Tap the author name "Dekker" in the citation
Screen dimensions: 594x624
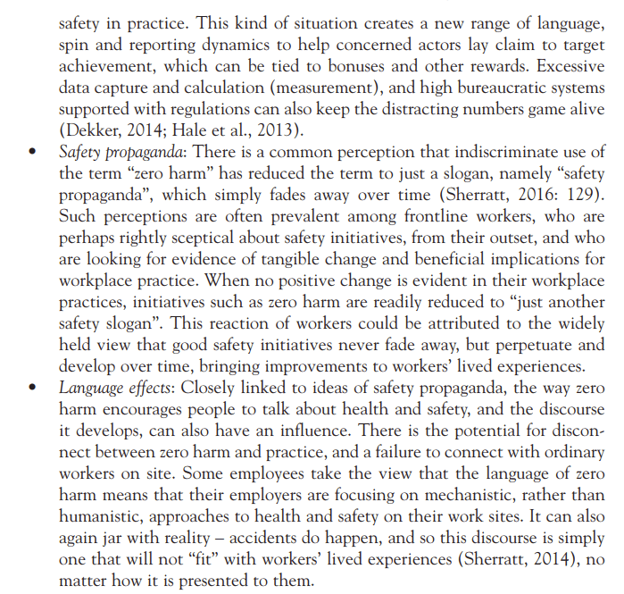click(x=93, y=131)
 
